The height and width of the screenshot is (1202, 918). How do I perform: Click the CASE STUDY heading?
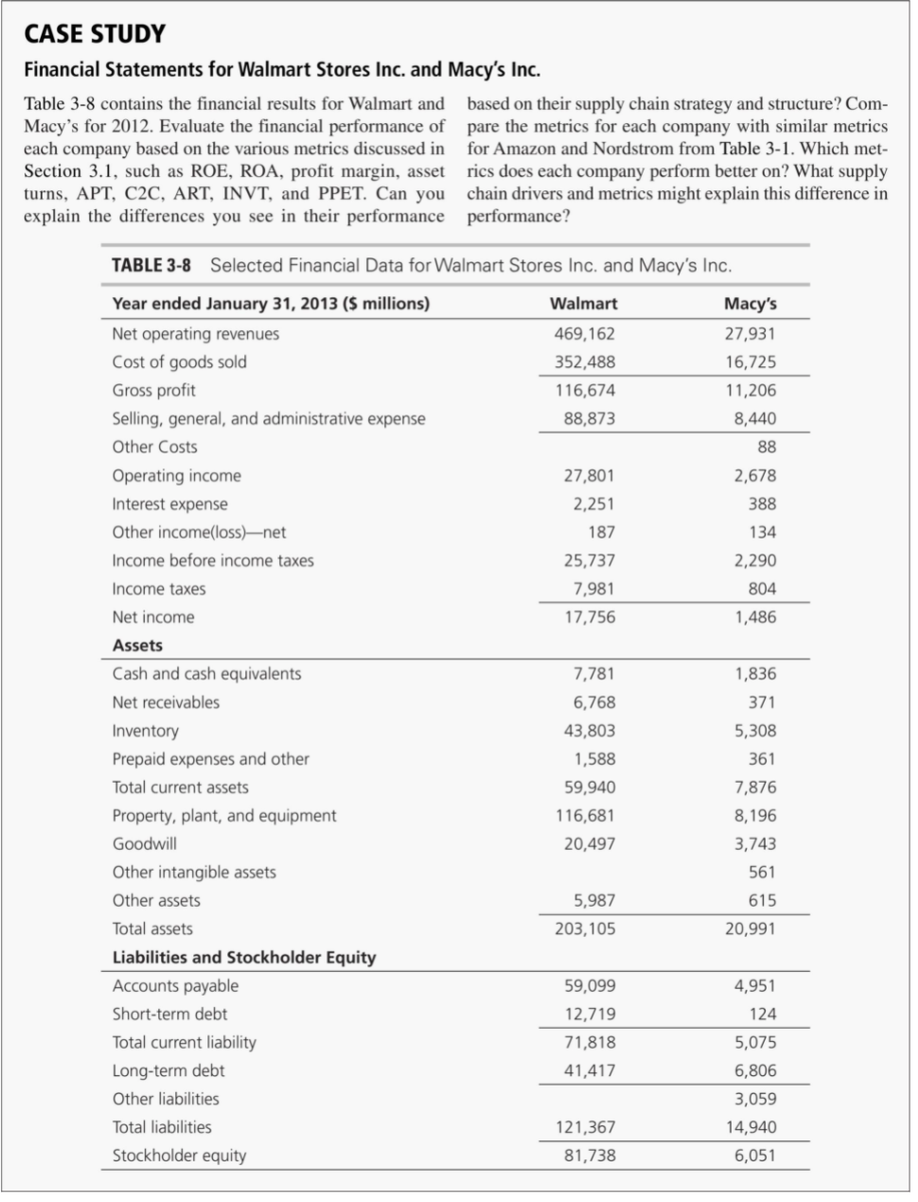pyautogui.click(x=94, y=35)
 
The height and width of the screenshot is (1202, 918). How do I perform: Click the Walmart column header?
pyautogui.click(x=583, y=304)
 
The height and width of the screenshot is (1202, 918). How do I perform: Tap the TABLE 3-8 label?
pyautogui.click(x=151, y=265)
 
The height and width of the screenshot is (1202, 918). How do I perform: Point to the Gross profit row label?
pyautogui.click(x=154, y=390)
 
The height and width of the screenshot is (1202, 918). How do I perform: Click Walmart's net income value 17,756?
pyautogui.click(x=589, y=617)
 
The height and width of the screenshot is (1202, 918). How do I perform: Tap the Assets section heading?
pyautogui.click(x=137, y=645)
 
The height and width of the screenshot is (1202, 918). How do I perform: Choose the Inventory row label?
pyautogui.click(x=145, y=731)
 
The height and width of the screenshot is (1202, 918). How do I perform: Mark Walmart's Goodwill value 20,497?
pyautogui.click(x=589, y=843)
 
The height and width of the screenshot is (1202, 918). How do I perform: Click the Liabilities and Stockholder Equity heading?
pyautogui.click(x=244, y=957)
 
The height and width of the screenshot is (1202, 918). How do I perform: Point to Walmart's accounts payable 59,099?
pyautogui.click(x=589, y=985)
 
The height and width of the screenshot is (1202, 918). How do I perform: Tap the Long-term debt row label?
pyautogui.click(x=168, y=1070)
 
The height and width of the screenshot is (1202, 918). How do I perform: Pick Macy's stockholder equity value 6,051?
pyautogui.click(x=755, y=1156)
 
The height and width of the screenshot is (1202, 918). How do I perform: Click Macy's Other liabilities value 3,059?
pyautogui.click(x=755, y=1099)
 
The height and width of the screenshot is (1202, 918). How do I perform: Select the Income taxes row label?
pyautogui.click(x=159, y=589)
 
